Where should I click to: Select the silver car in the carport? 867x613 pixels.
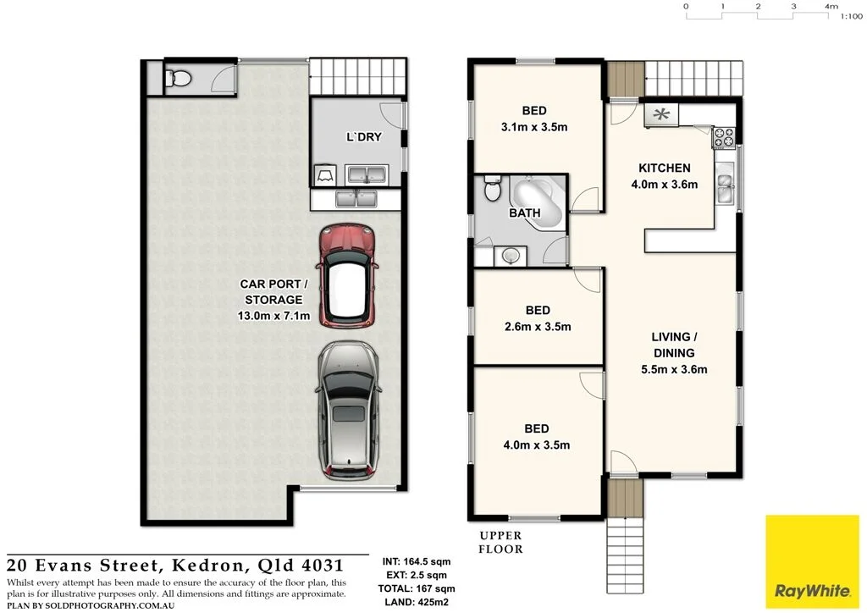(x=347, y=410)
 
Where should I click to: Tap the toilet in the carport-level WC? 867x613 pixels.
(x=177, y=80)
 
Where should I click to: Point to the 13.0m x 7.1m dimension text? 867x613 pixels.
(x=273, y=317)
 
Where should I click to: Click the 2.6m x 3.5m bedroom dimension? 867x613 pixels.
(x=537, y=327)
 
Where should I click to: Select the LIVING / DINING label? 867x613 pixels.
(x=674, y=345)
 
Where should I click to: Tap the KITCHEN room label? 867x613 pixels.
(x=664, y=168)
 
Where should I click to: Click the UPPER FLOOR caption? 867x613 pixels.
(x=501, y=542)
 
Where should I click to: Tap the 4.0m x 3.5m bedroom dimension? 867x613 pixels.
(x=537, y=445)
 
